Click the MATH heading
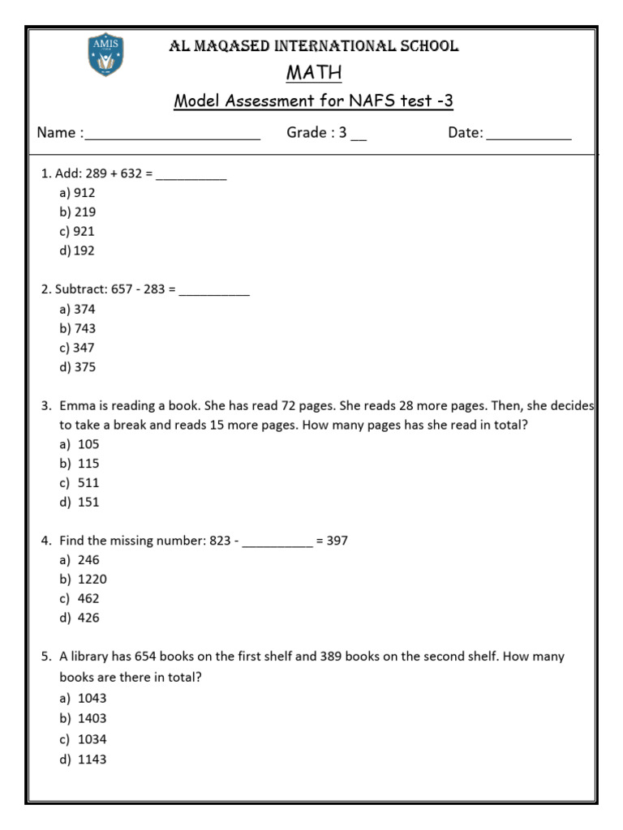click(314, 73)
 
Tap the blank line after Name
click(172, 135)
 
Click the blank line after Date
click(528, 135)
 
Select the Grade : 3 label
click(316, 133)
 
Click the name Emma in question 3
click(76, 405)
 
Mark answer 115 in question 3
click(88, 464)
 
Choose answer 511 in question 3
click(88, 482)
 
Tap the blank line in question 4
click(277, 541)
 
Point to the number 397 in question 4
click(337, 541)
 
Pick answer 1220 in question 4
click(92, 580)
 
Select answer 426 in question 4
click(88, 618)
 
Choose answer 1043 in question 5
click(92, 698)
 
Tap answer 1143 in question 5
click(92, 759)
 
